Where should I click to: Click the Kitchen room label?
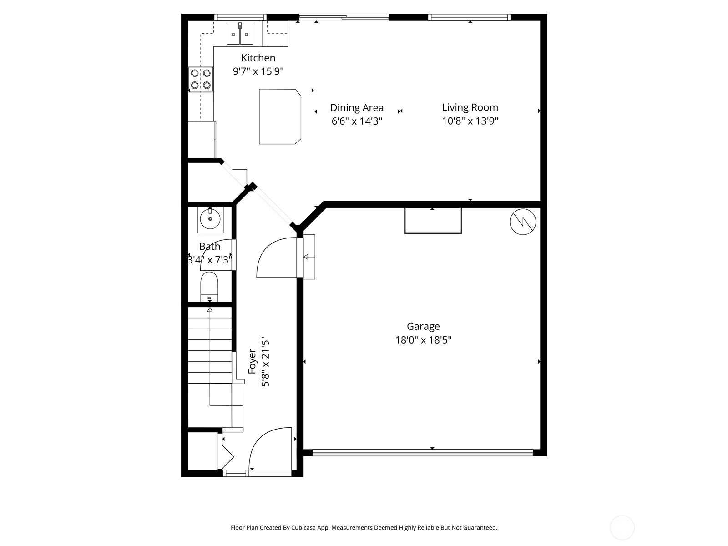(258, 58)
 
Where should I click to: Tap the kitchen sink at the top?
(240, 34)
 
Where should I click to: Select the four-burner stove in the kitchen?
(201, 79)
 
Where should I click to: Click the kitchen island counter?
(280, 116)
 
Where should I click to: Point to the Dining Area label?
(357, 108)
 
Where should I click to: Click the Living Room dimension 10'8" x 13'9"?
(470, 121)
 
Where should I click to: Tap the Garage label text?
(423, 327)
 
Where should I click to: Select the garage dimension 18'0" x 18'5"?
(423, 340)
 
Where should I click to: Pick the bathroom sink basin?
(210, 219)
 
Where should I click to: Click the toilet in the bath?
(209, 287)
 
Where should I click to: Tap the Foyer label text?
(252, 361)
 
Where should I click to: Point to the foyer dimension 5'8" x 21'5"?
(266, 364)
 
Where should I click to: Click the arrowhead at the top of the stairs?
(210, 310)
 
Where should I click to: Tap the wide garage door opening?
(423, 453)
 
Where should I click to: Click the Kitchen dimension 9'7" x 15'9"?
(258, 71)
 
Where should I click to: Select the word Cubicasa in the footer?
(303, 527)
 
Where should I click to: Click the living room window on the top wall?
(469, 17)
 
